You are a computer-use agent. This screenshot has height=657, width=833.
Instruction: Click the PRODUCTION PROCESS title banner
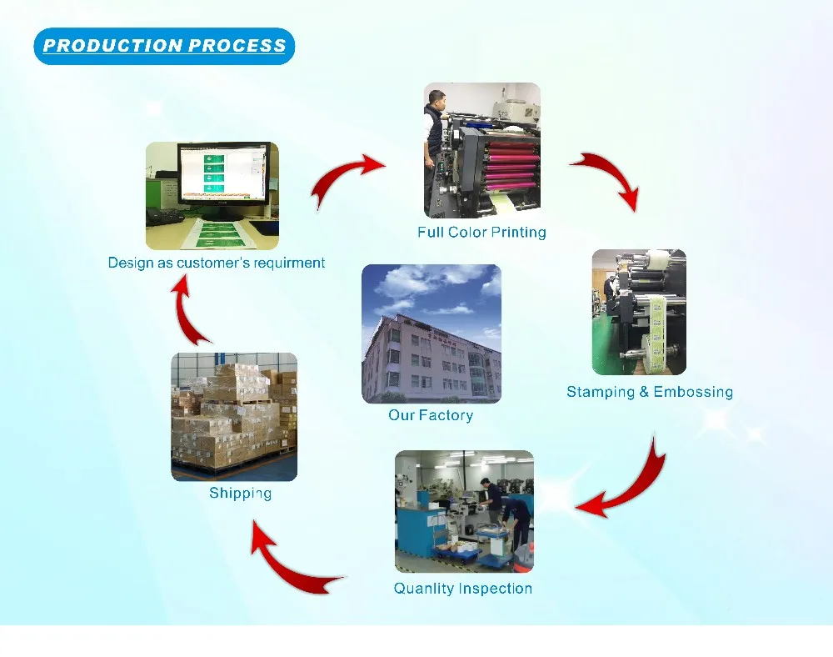click(x=164, y=46)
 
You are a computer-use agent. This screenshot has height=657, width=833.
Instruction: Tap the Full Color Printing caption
click(x=481, y=233)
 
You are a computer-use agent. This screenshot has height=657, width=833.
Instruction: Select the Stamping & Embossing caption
click(x=650, y=392)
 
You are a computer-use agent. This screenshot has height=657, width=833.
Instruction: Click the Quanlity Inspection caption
click(x=463, y=589)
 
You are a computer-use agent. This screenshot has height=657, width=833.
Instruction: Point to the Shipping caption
click(x=240, y=494)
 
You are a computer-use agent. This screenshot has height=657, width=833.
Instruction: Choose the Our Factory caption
click(x=431, y=415)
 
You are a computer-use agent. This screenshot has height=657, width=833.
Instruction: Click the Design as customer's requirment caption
click(x=217, y=263)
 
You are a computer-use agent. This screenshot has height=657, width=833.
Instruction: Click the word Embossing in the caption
click(x=693, y=392)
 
